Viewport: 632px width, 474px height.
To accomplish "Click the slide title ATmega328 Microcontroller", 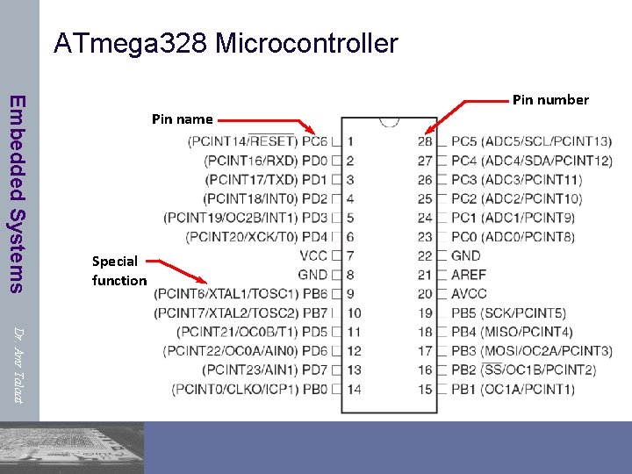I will (x=226, y=43).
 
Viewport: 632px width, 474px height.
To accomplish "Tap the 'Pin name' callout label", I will (x=182, y=118).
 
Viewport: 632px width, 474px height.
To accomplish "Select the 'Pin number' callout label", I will (x=550, y=99).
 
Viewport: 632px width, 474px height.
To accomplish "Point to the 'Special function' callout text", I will (x=118, y=270).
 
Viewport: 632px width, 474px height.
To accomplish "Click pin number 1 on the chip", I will (x=350, y=141).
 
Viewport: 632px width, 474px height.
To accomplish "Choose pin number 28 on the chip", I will (x=425, y=141).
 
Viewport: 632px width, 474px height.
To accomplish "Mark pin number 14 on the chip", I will (x=354, y=389).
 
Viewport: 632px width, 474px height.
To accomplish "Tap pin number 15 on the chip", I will (x=425, y=389).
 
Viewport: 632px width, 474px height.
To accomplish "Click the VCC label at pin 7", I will (x=313, y=255).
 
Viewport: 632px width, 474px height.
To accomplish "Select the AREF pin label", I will (x=469, y=275).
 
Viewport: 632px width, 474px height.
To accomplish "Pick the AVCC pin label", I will (x=469, y=294).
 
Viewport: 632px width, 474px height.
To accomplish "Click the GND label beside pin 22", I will (x=465, y=255).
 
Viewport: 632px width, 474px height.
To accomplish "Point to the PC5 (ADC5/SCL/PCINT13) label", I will (x=531, y=141).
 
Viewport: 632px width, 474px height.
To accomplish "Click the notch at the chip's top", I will (x=388, y=122).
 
